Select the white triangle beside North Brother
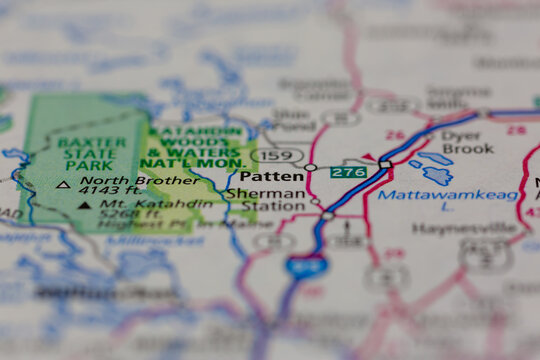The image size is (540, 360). click(63, 184)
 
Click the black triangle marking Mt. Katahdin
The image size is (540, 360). click(84, 205)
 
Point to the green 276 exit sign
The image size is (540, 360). click(347, 173)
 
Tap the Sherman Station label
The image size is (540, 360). click(265, 200)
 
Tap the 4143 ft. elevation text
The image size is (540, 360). click(112, 191)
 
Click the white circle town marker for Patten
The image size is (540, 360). click(310, 167)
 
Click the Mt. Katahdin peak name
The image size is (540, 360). click(138, 204)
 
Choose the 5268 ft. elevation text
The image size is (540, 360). click(117, 214)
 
